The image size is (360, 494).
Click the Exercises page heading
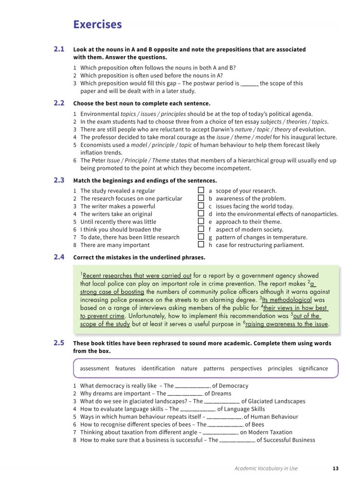coord(98,25)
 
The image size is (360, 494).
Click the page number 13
coord(335,468)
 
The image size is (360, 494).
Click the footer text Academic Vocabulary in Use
coord(266,468)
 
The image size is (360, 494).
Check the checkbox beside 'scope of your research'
coord(201,190)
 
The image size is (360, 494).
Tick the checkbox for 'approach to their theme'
coord(201,222)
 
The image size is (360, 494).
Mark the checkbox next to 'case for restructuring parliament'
coord(201,245)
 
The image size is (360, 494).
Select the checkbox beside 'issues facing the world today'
coord(201,206)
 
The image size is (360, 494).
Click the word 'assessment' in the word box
coord(95,368)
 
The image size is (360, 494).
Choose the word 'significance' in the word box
coord(313,368)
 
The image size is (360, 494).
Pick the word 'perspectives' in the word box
coord(246,368)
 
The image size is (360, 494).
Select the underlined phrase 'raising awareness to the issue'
coord(287,324)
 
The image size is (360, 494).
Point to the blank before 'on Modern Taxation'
coord(221,432)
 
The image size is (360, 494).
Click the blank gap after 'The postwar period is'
coord(249,83)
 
